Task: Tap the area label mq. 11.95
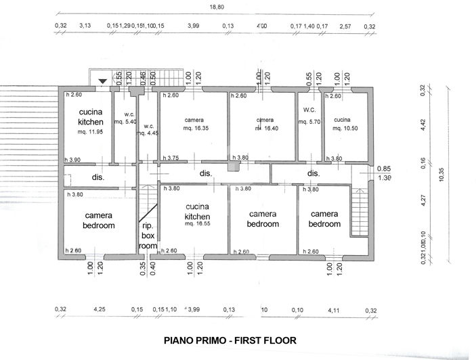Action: pos(90,132)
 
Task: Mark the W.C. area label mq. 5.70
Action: pos(309,122)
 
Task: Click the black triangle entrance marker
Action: pos(102,82)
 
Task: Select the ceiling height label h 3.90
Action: pos(73,160)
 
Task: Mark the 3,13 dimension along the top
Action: pos(85,26)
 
